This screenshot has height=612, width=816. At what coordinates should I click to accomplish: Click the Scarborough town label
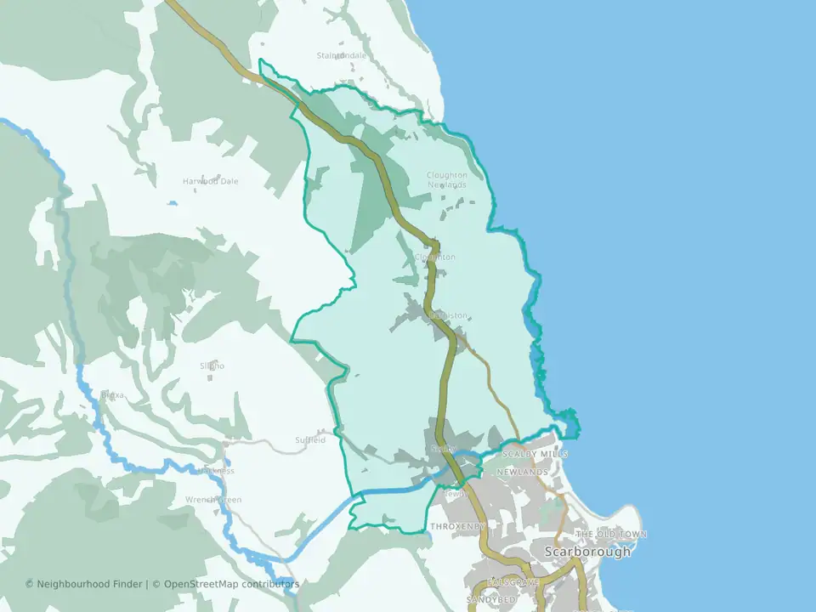(x=587, y=552)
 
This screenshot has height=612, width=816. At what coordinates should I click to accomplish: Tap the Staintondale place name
(x=342, y=55)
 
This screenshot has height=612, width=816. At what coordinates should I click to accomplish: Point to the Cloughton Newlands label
(x=447, y=180)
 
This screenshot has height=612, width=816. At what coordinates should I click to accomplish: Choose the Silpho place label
(x=212, y=365)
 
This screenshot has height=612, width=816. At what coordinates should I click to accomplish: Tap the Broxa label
(x=112, y=395)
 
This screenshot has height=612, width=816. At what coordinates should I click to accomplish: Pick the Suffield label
(x=310, y=440)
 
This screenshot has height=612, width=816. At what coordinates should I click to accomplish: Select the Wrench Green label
(x=214, y=500)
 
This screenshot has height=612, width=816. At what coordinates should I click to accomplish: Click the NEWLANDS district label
(x=523, y=471)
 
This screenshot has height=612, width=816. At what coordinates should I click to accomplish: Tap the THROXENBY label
(x=456, y=527)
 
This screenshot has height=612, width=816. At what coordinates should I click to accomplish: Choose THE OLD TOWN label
(x=611, y=535)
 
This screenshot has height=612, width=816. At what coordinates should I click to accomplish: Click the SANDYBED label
(x=491, y=600)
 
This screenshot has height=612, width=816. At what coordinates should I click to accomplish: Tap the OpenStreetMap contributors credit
(x=231, y=584)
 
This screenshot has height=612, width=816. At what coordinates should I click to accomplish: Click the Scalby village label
(x=445, y=449)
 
